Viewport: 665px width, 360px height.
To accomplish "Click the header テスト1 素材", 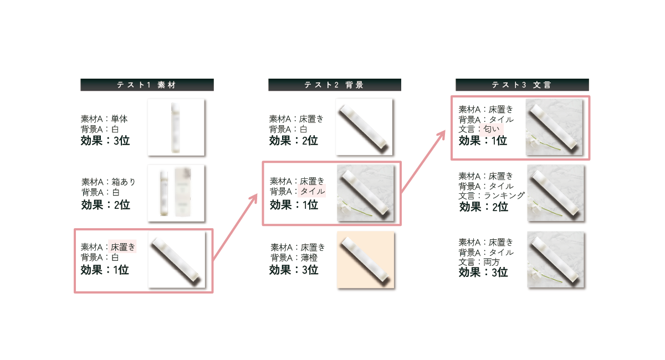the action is coord(147,85).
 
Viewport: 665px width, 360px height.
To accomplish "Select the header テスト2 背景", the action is coord(335,85).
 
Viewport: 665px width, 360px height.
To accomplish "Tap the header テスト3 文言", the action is coord(522,85).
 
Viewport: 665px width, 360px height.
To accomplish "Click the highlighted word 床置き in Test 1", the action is coord(122,246).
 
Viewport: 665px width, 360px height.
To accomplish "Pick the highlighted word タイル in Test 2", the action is coord(313,191).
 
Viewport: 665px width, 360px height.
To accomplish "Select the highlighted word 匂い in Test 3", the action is coord(492,129).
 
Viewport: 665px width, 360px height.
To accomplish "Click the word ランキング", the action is coord(504,196).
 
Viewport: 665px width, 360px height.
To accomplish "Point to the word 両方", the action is coord(492,262).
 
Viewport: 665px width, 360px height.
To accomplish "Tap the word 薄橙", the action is coord(309,258).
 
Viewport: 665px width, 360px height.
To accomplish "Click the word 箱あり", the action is coord(123,182).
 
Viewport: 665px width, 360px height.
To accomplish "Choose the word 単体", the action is coord(119,119).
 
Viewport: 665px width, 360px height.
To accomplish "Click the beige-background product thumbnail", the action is coord(366,260).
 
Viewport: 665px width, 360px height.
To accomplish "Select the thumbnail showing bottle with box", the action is coord(176,193).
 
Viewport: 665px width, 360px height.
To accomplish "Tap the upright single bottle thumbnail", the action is coord(176,127).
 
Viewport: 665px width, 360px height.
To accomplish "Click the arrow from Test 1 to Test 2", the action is coord(235,227).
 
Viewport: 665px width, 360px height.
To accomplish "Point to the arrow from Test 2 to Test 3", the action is coord(423,162).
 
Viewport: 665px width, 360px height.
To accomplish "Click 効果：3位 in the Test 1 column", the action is coord(105,141).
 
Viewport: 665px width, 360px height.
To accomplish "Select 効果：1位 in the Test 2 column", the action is coord(294,205).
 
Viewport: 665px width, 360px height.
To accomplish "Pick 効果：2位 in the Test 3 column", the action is coord(484,207).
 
